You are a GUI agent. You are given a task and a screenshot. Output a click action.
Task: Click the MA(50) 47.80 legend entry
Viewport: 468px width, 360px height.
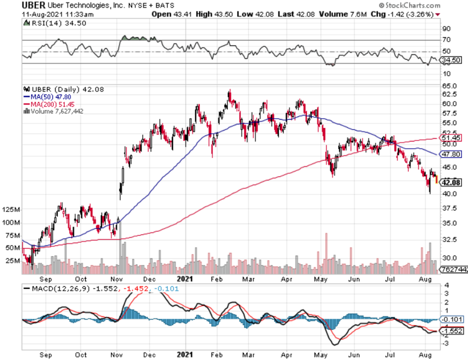point(43,97)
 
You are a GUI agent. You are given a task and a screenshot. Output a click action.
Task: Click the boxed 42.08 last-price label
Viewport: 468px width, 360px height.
point(451,182)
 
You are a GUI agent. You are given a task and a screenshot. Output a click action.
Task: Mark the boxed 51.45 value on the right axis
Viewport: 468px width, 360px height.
point(451,137)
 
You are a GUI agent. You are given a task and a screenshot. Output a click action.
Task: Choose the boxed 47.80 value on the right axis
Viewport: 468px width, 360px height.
point(451,154)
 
